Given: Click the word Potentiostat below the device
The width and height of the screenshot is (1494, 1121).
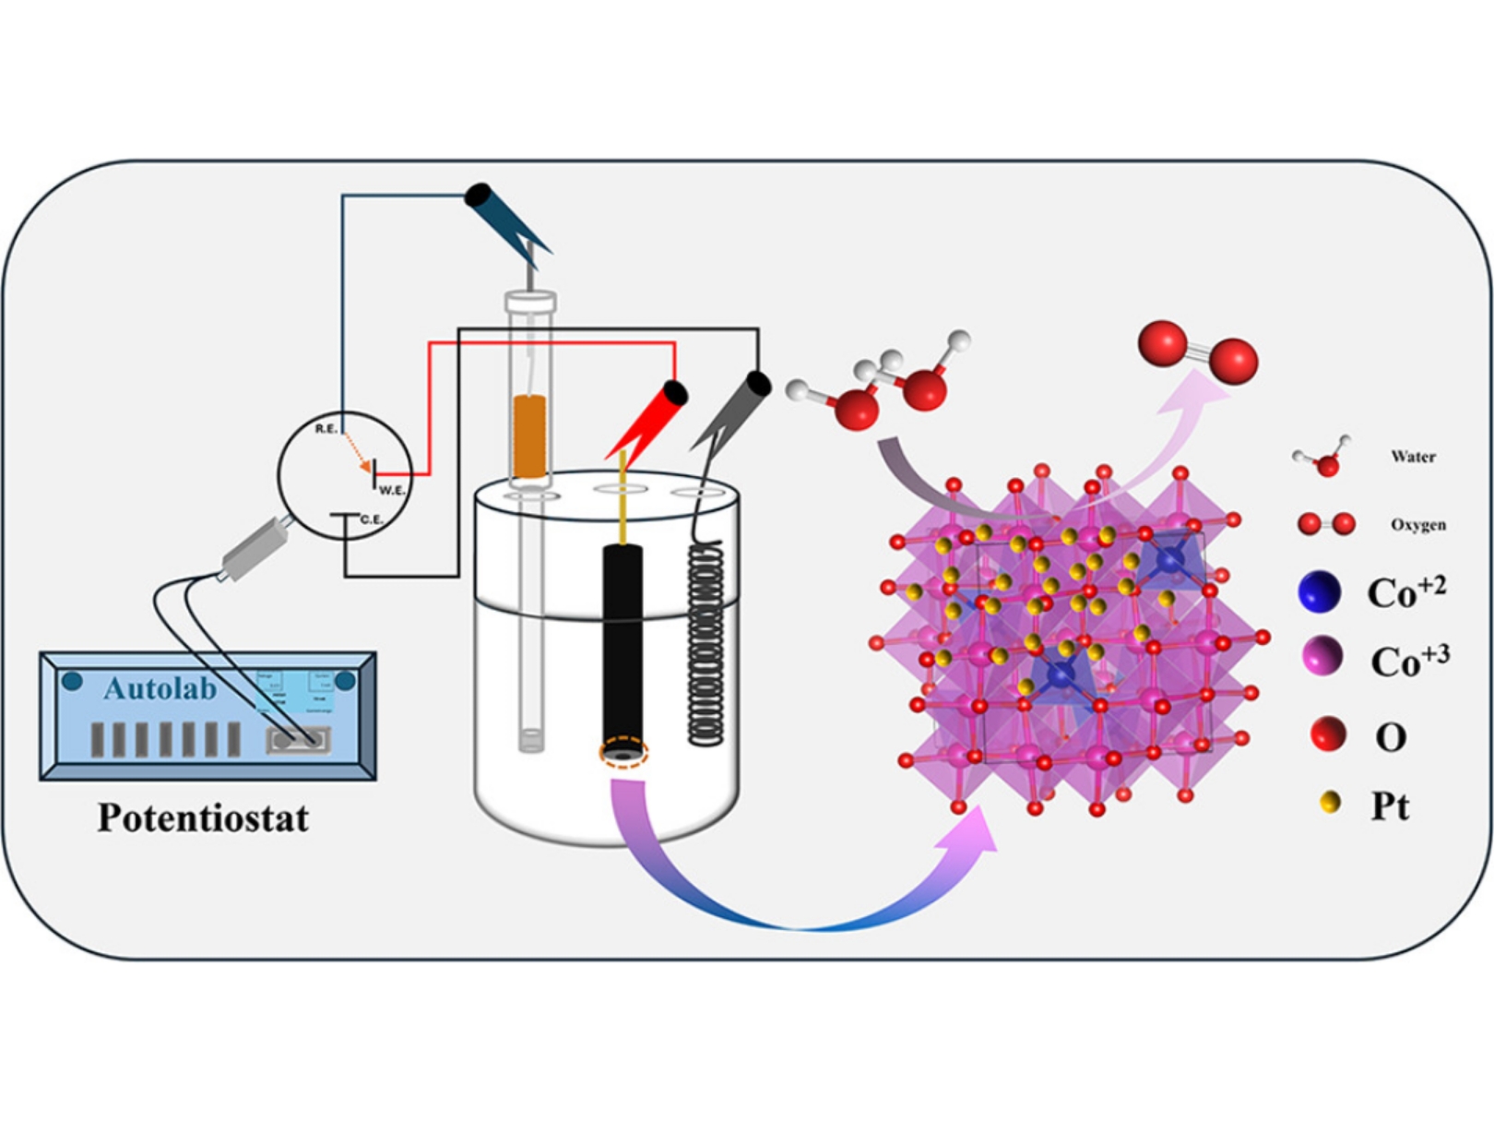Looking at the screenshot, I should (x=203, y=817).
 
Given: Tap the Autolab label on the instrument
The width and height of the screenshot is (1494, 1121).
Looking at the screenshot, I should (x=160, y=688).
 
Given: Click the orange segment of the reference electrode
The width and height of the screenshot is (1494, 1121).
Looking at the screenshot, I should (x=529, y=436).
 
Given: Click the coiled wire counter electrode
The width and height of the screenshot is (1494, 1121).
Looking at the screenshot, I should (x=705, y=646).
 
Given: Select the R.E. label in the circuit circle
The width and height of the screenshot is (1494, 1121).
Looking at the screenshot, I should (x=326, y=429).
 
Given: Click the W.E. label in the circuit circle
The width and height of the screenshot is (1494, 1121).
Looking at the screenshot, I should (x=392, y=490).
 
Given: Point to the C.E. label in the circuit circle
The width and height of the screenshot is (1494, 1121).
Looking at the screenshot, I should (x=371, y=520).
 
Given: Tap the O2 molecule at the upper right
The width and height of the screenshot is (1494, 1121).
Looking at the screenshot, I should (x=1197, y=352).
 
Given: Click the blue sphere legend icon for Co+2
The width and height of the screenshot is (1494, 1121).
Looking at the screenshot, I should (x=1319, y=591).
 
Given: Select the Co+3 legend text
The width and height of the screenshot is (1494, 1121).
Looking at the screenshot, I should (x=1409, y=660).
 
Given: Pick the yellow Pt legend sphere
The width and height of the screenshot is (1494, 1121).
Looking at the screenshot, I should (x=1330, y=803).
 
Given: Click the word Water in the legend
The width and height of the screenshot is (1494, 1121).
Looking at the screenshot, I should (x=1413, y=456).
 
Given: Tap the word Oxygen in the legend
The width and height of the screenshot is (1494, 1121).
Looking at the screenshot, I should (x=1418, y=525).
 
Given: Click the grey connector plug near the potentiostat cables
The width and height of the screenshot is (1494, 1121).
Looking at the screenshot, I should (x=252, y=549).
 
